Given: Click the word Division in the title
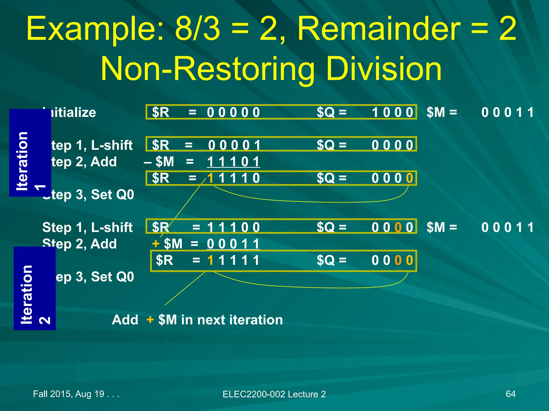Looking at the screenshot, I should pos(384,69).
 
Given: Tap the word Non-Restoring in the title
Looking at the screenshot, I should pos(207,69).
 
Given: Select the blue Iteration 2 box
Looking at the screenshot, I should pos(34,288).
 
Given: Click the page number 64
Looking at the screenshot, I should pos(510,394).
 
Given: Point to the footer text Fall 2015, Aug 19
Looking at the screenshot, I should pos(76,394).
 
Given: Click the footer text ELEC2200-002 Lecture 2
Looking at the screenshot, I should pos(274,394).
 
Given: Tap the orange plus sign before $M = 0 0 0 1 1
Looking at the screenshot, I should pos(155,244).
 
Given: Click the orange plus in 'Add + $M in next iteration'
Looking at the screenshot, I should pos(150,320).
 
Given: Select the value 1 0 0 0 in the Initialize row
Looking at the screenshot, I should pos(392,112).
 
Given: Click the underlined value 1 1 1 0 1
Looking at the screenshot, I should pos(233,162).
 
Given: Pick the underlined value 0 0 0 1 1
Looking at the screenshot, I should pos(233,244).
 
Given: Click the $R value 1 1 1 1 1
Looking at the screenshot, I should pos(233,260).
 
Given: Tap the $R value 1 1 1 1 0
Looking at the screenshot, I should pos(233,178).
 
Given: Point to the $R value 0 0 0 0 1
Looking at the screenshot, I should pos(234,145).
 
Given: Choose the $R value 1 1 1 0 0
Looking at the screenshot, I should pos(233,227).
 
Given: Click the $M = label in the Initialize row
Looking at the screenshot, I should pos(442,112).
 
